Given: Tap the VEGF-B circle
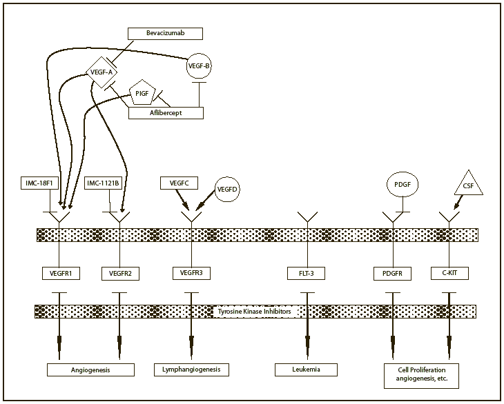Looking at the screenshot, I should (200, 66).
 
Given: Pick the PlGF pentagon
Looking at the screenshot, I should (142, 94).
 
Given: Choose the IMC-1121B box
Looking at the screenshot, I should (104, 183).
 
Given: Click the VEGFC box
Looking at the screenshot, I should (180, 183).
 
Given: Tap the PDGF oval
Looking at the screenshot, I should (402, 185).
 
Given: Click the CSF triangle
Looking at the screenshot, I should (467, 185).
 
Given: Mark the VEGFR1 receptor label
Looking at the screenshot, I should (60, 274).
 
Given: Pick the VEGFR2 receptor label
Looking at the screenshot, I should (120, 274).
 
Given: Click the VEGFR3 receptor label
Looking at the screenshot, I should (191, 273).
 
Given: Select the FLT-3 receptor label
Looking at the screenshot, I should (307, 274).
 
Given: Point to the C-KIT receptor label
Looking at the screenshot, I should (449, 273).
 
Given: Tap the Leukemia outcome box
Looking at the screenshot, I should (307, 370).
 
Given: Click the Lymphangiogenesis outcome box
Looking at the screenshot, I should (191, 370).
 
